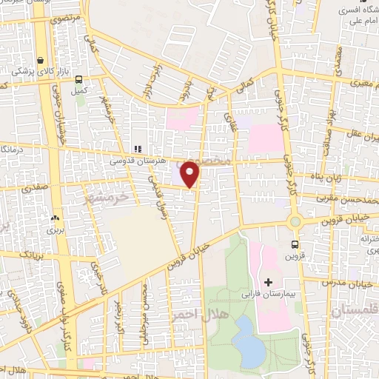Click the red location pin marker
190,174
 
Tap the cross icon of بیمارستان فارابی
268,282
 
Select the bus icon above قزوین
295,244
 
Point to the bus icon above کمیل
78,81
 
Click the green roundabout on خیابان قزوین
295,221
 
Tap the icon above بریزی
53,218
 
